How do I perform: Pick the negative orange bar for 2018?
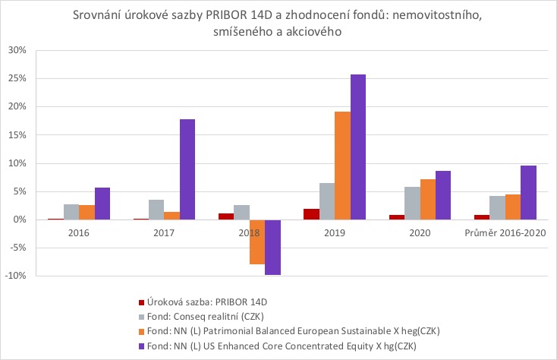point(257,242)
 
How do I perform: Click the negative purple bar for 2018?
point(272,247)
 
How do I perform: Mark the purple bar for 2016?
point(102,204)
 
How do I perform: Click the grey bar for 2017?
point(156,210)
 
